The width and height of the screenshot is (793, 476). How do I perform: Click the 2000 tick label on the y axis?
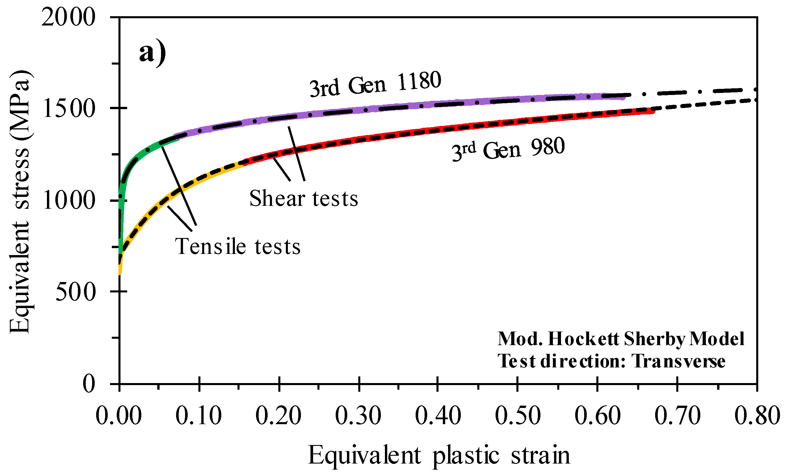68,17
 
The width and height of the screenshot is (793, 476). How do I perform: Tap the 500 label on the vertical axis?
76,292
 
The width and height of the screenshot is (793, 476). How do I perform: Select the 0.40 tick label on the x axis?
438,416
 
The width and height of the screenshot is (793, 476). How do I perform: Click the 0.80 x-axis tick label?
757,416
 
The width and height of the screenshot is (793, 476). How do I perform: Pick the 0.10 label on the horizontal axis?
199,416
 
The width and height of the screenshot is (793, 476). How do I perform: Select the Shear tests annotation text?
304,199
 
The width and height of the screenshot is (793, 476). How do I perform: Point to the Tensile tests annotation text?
238,247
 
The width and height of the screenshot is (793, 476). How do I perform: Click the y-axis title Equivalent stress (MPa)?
20,202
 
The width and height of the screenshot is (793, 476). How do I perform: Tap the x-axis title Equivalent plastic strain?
439,455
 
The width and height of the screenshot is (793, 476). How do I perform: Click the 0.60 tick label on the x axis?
597,416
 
